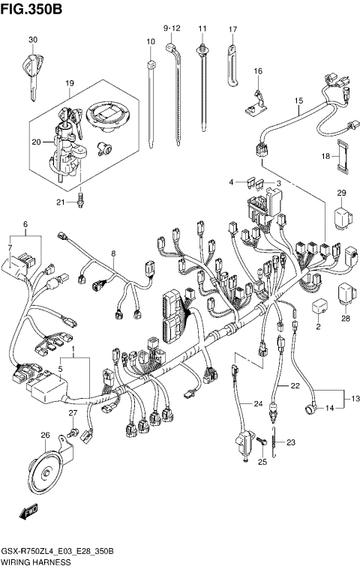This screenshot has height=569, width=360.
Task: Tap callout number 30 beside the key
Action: [x=32, y=40]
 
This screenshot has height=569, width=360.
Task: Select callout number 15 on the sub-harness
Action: [x=298, y=100]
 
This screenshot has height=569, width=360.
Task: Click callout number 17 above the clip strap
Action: [x=232, y=30]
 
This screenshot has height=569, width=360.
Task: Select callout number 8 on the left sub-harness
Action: [x=113, y=255]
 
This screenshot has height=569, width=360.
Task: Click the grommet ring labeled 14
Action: [x=309, y=409]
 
